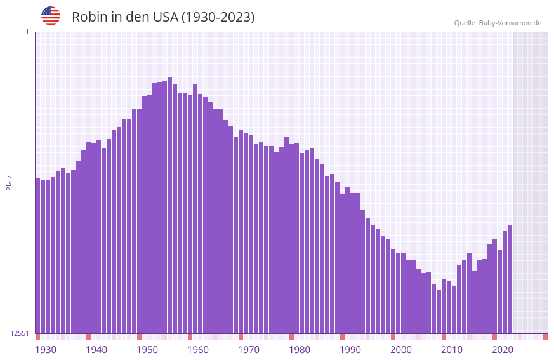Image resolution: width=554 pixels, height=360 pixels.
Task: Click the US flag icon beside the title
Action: point(51,16)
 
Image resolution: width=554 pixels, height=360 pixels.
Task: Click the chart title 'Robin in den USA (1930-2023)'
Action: point(163,17)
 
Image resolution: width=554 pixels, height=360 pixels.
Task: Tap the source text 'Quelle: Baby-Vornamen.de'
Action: point(498,23)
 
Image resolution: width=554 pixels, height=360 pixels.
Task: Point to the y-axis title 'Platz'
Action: point(9,182)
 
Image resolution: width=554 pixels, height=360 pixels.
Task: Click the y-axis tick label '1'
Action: point(27,32)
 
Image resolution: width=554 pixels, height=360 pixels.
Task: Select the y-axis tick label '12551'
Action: point(20,333)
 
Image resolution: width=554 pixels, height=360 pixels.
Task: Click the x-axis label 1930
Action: point(46,350)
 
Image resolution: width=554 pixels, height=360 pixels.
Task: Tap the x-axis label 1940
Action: point(96,350)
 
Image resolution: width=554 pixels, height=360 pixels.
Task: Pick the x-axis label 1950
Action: point(147,350)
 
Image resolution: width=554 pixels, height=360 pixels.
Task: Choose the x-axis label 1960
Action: point(198,350)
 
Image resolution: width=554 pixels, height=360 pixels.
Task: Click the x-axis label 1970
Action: point(249,350)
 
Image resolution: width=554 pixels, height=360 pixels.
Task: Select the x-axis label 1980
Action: point(300,350)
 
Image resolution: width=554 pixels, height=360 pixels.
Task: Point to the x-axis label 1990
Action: point(350,350)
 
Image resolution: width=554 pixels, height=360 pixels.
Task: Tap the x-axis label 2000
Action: point(401,350)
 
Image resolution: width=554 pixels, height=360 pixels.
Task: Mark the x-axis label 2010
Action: point(452,350)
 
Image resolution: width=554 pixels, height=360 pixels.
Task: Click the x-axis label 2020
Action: point(503,350)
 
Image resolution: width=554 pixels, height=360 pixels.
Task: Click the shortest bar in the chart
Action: point(439,312)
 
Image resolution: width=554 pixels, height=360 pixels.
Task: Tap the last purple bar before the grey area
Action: point(510,279)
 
